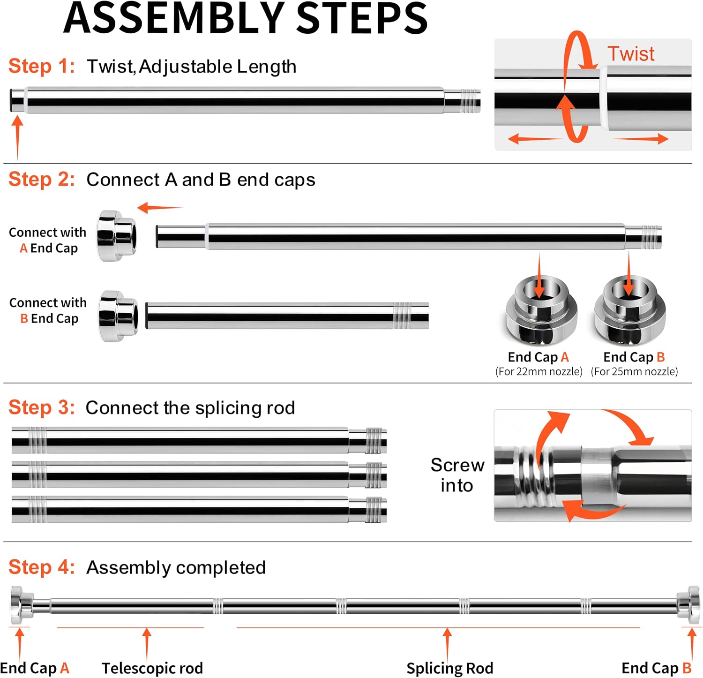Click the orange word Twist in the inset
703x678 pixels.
(631, 54)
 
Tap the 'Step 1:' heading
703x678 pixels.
(42, 66)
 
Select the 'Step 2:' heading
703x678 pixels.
(42, 180)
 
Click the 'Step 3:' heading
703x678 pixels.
(42, 407)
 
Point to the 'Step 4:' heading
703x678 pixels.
(42, 567)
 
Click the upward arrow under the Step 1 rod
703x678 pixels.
(17, 138)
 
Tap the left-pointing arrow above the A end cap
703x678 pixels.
(159, 207)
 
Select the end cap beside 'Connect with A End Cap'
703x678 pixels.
(117, 236)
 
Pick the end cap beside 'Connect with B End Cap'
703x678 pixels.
(118, 316)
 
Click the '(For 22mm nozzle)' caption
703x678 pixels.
(539, 372)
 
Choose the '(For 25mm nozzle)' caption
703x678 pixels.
(634, 372)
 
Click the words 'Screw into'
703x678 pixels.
(457, 475)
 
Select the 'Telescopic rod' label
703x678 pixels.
(152, 668)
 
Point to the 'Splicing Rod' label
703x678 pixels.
(450, 668)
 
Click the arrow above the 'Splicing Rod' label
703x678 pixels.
(448, 645)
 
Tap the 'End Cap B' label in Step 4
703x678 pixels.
(657, 668)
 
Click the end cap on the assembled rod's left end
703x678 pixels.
(22, 605)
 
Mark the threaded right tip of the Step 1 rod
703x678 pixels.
(470, 101)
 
